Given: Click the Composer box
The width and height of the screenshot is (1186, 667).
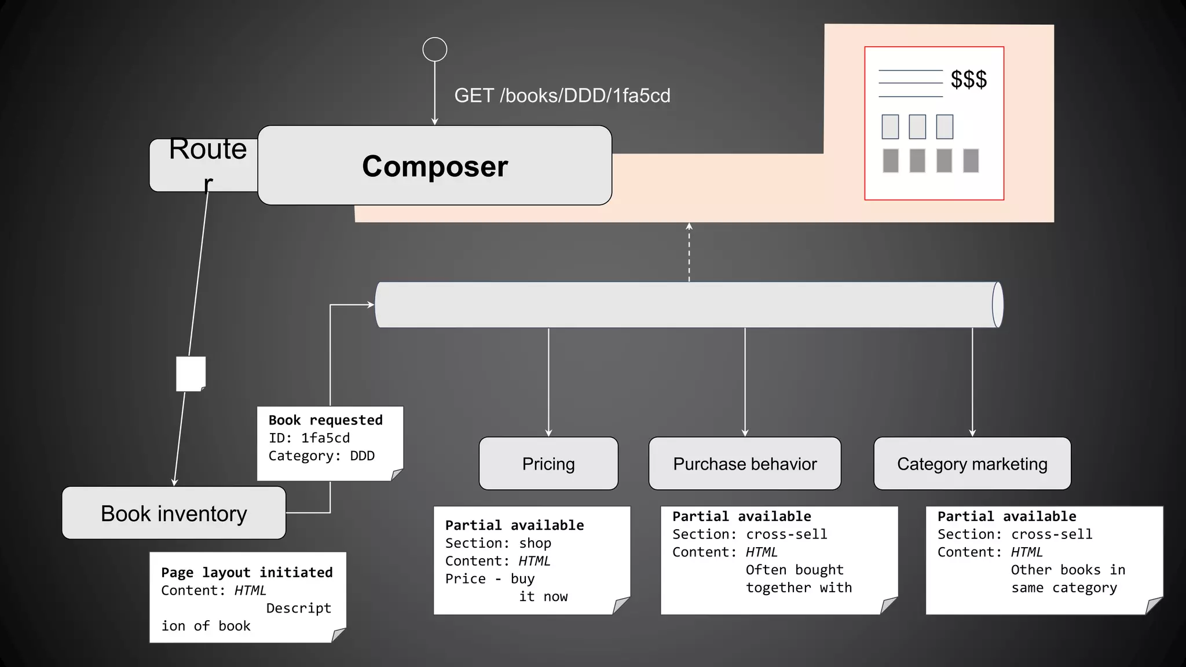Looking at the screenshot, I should pos(434,166).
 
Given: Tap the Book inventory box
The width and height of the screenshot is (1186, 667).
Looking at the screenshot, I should pos(174,513).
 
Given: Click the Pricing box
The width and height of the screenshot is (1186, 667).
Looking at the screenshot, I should pos(548,464).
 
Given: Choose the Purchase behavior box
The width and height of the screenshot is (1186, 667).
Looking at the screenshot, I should pos(745,464).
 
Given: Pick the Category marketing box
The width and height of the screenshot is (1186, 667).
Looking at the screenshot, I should pos(972,464).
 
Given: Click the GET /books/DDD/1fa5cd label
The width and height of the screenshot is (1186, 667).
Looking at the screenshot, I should pos(562,96).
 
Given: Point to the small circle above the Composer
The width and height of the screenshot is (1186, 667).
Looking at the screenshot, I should pos(435,49).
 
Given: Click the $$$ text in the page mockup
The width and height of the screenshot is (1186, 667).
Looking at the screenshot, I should pos(968,79).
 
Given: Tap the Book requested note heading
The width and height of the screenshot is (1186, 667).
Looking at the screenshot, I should pos(325,420).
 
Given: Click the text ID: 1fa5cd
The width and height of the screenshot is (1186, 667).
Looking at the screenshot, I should pos(309,438).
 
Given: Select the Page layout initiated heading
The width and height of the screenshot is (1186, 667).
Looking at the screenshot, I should pos(247,573).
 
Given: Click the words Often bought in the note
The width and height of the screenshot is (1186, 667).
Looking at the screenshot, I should pos(794,570).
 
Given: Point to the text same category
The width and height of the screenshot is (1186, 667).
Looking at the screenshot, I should pos(1064,588).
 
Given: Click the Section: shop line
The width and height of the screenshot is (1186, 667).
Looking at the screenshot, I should pos(498,543).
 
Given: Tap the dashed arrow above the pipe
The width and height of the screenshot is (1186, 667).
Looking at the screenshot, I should pos(689,252).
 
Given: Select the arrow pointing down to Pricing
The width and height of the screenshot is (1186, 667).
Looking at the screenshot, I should pos(548,382).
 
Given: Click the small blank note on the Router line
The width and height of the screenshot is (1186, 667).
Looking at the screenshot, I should pos(191,374).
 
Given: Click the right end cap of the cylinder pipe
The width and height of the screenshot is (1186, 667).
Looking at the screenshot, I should pos(997,305).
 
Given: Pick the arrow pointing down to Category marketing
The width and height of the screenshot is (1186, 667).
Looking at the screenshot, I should pos(972,382).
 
